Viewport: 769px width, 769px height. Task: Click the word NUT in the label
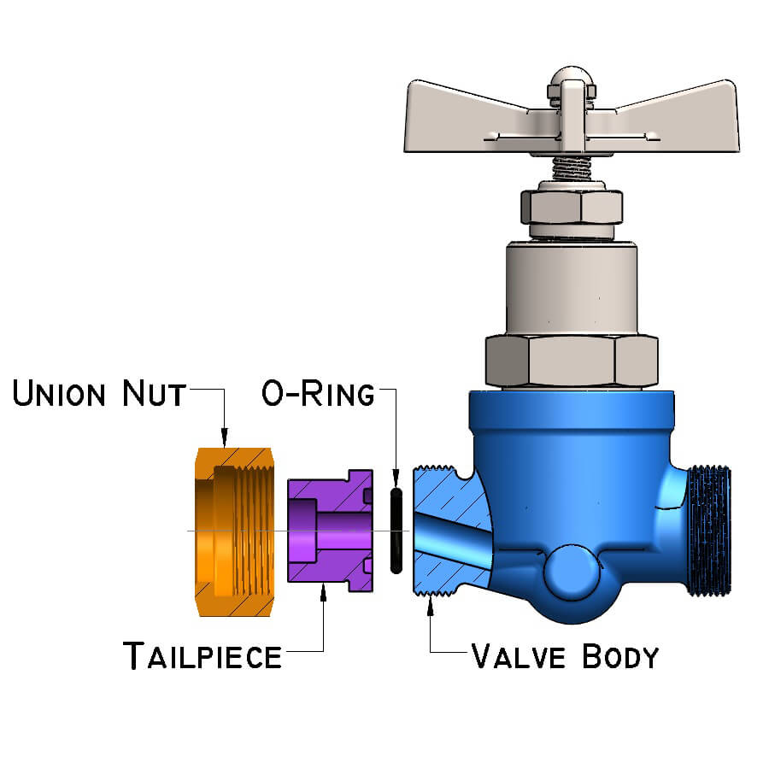point(154,395)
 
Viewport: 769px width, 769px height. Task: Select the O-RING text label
point(318,395)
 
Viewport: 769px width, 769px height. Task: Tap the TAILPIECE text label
point(203,656)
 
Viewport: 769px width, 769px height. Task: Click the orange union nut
point(232,530)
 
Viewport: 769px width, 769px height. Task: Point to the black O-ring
point(396,530)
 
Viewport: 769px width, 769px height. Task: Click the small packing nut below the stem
point(571,209)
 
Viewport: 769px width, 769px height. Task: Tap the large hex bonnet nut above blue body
point(572,359)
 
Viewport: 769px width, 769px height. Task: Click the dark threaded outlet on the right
point(710,530)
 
